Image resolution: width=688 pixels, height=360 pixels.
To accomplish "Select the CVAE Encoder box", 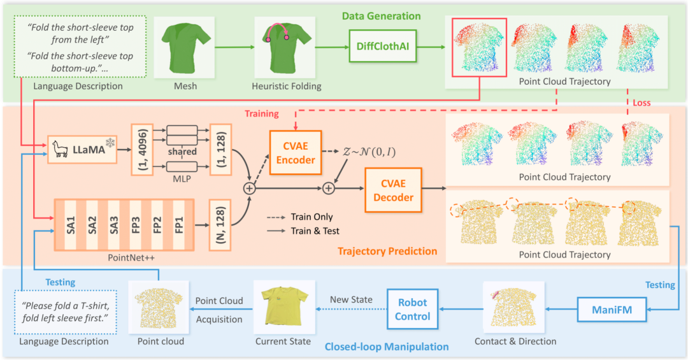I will [x=296, y=153].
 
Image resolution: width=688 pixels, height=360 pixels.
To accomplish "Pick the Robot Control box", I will [x=413, y=309].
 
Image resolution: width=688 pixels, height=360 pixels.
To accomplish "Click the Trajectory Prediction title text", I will [x=388, y=251].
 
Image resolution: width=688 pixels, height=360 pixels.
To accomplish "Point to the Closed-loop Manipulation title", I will [x=387, y=347].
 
